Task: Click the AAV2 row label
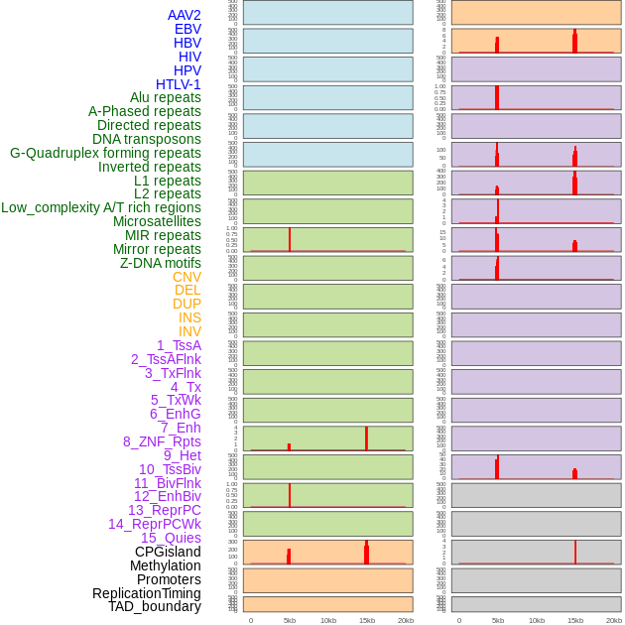click(184, 15)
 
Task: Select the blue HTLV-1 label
click(178, 84)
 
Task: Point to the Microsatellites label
click(157, 221)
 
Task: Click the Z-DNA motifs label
click(160, 263)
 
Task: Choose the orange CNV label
click(187, 277)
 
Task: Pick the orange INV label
click(189, 331)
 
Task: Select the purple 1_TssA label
click(179, 345)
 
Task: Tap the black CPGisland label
click(168, 552)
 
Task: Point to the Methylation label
click(165, 565)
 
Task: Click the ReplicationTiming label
click(146, 593)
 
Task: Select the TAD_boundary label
click(154, 606)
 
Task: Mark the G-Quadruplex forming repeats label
click(105, 153)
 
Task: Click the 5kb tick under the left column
click(290, 620)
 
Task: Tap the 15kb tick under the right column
click(575, 620)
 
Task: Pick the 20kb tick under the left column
click(405, 620)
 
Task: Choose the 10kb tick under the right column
click(537, 620)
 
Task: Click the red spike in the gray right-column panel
click(575, 553)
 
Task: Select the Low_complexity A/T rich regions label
click(101, 207)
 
